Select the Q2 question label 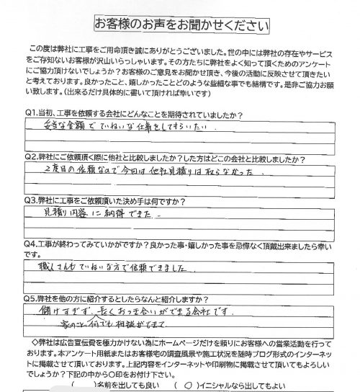[x=32, y=156]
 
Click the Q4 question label [x=32, y=242]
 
